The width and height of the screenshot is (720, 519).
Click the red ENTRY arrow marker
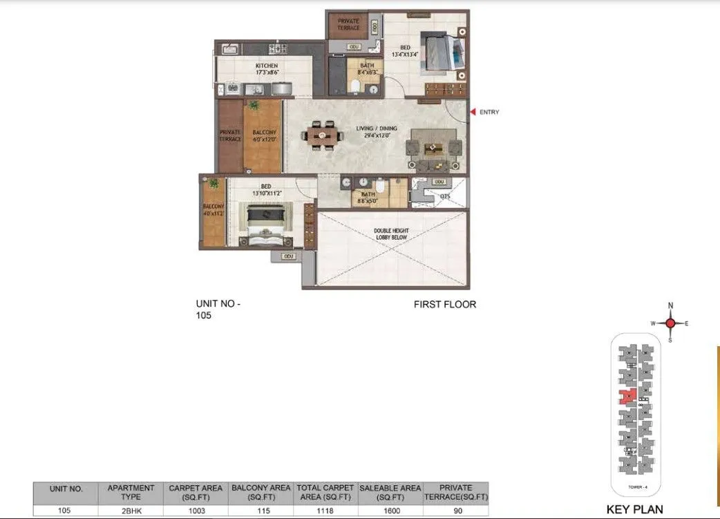coord(473,112)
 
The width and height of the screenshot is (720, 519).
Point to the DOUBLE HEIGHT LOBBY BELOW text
coord(390,234)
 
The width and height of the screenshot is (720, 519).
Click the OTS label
coord(445,196)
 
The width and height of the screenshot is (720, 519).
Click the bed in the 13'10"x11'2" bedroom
coord(264,225)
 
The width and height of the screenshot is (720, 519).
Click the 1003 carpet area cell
coord(196,511)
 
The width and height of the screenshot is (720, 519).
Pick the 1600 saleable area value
coord(389,511)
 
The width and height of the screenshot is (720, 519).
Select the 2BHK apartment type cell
coord(131,511)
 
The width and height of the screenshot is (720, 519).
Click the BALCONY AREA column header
coord(260,492)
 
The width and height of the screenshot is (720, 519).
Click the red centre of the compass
coord(670,323)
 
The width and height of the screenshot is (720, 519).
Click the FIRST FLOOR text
coord(444,304)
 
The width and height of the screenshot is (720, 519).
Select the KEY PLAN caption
coord(634,510)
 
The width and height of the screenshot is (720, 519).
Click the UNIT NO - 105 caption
coord(219,309)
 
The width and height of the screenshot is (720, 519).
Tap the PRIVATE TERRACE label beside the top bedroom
coord(348,24)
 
